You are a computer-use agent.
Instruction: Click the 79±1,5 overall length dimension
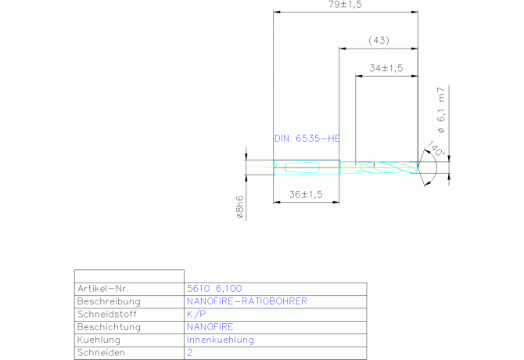point(345,5)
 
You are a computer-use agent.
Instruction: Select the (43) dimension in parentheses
point(379,41)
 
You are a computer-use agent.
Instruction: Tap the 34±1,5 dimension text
point(386,68)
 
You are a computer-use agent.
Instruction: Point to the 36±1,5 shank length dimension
point(306,195)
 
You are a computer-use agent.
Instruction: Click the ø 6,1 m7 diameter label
point(441,110)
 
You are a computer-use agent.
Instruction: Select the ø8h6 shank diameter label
point(239,207)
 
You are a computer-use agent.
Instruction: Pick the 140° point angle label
point(436,149)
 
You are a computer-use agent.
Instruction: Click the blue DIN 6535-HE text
point(307,139)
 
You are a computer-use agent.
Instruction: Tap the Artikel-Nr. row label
point(103,289)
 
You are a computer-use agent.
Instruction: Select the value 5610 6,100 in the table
point(214,289)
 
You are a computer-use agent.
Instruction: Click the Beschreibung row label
point(109,301)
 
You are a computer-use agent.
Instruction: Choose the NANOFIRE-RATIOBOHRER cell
point(246,301)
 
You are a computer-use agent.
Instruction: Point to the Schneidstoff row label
point(107,314)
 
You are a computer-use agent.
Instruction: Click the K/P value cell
point(196,314)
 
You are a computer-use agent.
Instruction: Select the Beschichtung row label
point(109,327)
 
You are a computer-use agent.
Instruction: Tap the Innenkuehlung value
point(221,340)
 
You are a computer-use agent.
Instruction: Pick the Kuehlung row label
point(99,340)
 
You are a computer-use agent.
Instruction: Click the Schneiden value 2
point(190,353)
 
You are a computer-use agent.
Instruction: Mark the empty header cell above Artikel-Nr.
point(129,276)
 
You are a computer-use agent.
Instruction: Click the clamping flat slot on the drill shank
point(302,167)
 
